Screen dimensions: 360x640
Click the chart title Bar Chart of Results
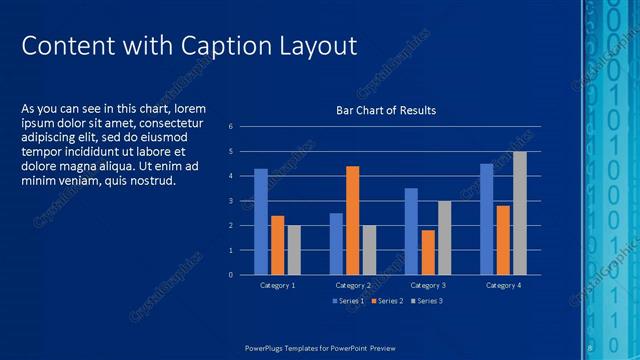point(385,110)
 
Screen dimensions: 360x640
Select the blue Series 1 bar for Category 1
point(261,221)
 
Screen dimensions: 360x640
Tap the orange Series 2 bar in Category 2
point(352,220)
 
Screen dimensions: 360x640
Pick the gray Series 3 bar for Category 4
point(520,213)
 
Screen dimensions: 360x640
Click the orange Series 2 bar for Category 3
point(428,252)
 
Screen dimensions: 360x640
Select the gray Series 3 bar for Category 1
point(294,250)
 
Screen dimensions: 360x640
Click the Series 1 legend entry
point(346,301)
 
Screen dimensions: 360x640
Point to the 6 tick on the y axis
point(230,127)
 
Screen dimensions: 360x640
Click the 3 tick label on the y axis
point(230,201)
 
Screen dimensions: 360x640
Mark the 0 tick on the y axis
point(230,275)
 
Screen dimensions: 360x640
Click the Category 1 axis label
point(277,286)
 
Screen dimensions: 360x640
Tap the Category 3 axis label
point(428,286)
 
